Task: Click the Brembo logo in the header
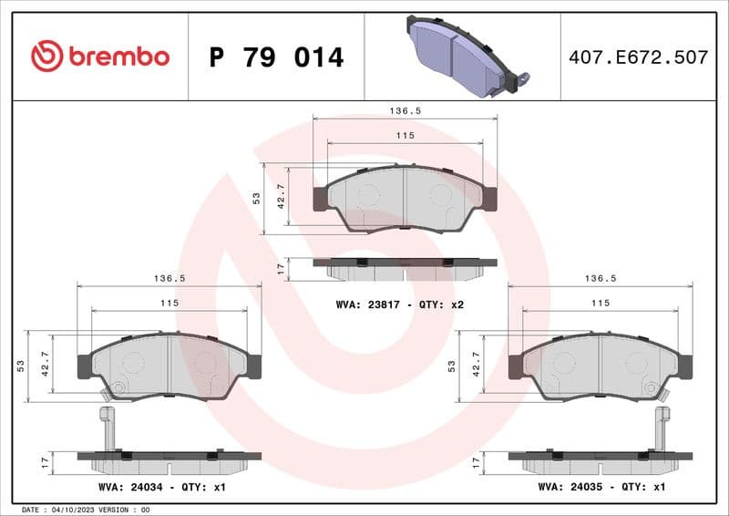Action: [100, 57]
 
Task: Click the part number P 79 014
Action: [276, 57]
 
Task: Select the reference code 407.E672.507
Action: [638, 57]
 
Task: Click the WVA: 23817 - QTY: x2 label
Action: [400, 304]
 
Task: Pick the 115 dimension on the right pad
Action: [600, 303]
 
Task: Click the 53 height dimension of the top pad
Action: [257, 198]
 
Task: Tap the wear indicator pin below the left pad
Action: [107, 427]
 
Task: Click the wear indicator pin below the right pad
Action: [662, 427]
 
